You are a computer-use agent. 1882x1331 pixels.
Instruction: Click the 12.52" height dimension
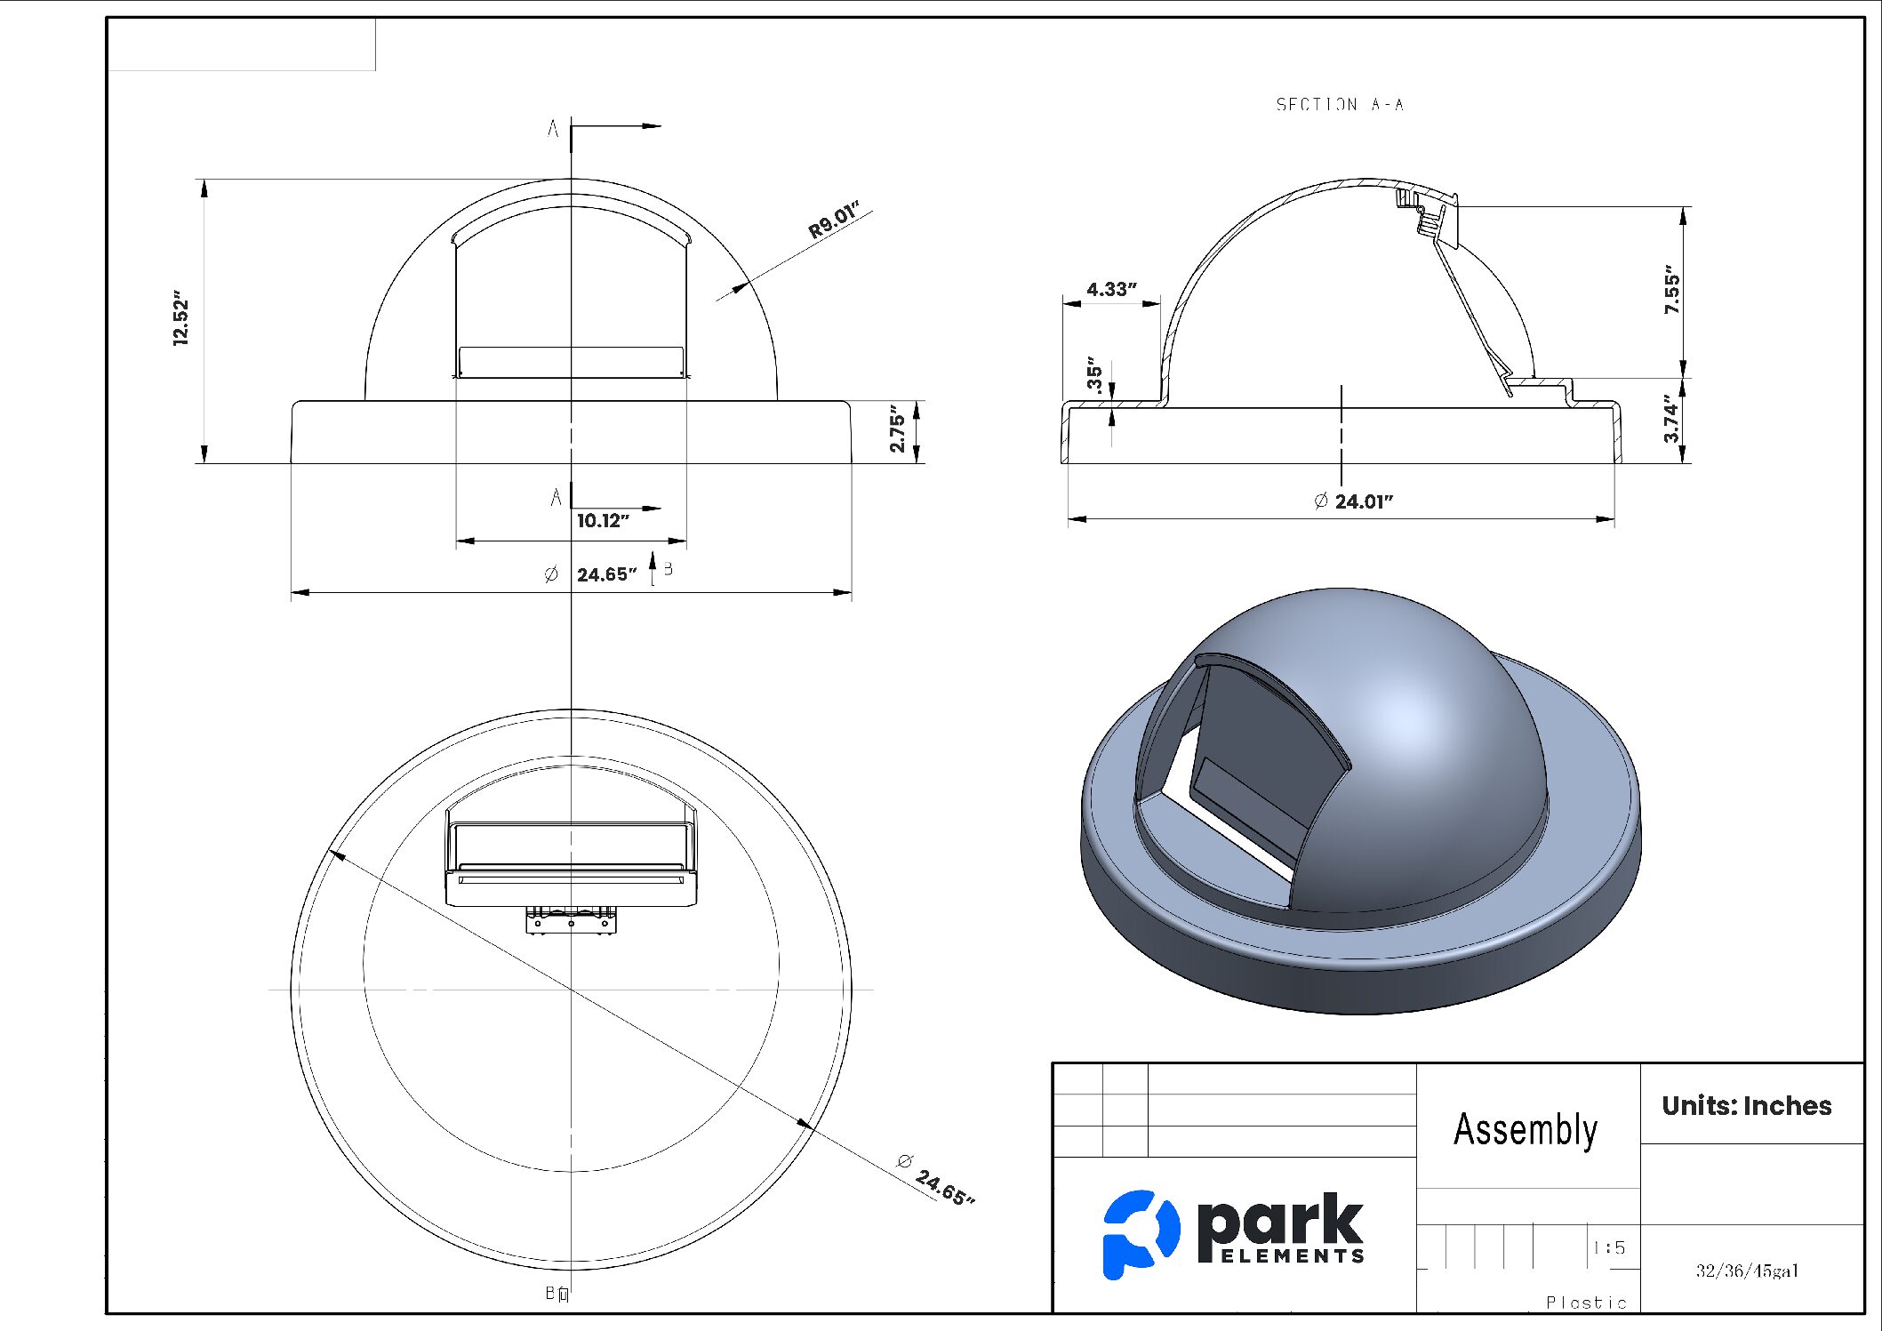click(180, 318)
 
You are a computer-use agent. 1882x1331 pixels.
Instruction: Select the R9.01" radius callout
click(833, 220)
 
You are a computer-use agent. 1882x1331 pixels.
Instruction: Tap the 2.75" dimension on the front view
click(897, 432)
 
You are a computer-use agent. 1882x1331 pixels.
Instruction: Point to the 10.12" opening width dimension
click(603, 521)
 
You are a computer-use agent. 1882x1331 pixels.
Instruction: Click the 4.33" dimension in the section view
click(1110, 290)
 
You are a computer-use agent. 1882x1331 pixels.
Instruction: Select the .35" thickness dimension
click(1094, 378)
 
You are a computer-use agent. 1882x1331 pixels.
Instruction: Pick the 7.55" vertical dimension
click(1671, 290)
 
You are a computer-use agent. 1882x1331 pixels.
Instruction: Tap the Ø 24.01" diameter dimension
click(1353, 501)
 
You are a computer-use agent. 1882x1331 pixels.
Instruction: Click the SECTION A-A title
click(1339, 105)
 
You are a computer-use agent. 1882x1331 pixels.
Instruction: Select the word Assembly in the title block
click(1525, 1129)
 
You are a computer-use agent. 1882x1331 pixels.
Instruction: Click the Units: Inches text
click(1746, 1106)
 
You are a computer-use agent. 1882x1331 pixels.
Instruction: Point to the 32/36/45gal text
click(1746, 1271)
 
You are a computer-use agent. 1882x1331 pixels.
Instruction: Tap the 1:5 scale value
click(1609, 1248)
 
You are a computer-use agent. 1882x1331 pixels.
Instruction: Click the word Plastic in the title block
click(1586, 1303)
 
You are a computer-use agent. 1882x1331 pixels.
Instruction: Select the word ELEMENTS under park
click(1293, 1256)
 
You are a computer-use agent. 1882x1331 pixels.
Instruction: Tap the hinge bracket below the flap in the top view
click(571, 921)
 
